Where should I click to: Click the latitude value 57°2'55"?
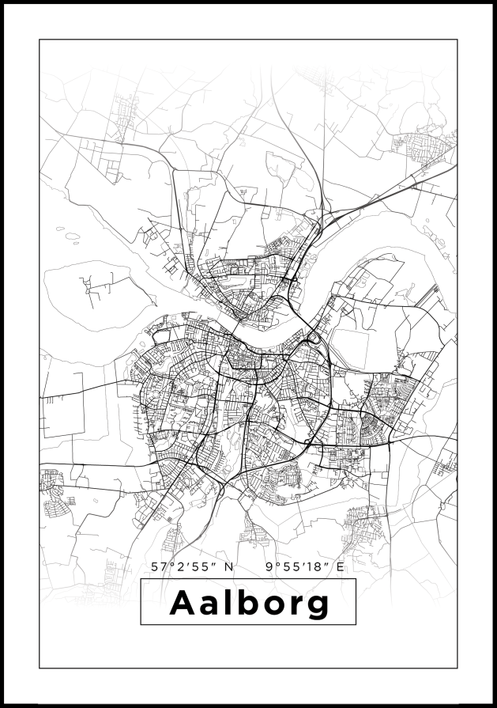[184, 566]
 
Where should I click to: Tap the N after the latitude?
[229, 566]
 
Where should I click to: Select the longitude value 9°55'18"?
[297, 566]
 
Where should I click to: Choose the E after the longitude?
[341, 566]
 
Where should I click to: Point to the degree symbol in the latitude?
[169, 564]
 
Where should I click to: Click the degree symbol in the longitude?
[275, 564]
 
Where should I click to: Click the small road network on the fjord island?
[99, 285]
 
